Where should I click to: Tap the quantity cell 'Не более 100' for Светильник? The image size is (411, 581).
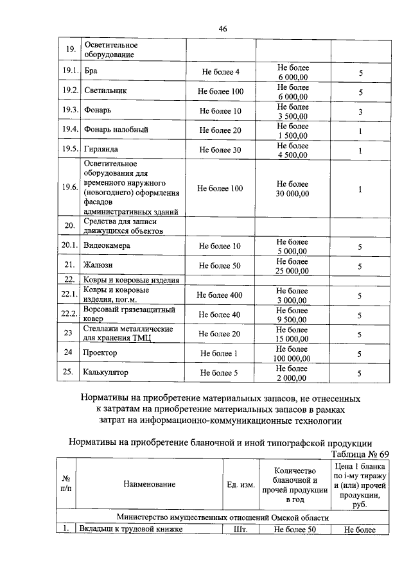click(x=220, y=91)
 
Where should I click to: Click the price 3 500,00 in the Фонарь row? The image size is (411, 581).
click(x=293, y=116)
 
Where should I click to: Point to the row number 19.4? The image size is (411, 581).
click(x=69, y=130)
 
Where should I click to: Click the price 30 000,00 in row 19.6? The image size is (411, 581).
click(x=293, y=194)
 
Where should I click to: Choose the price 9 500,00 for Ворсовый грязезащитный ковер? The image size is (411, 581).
click(x=293, y=319)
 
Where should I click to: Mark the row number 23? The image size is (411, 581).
click(x=69, y=333)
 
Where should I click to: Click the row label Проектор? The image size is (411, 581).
click(x=100, y=353)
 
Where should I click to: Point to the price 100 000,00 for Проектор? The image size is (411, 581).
click(x=293, y=358)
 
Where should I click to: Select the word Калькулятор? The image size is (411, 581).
click(x=106, y=372)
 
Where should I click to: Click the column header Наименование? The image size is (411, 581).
click(x=149, y=484)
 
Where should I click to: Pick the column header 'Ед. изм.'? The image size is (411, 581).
click(x=241, y=484)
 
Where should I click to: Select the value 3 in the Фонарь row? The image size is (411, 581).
click(x=360, y=112)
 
